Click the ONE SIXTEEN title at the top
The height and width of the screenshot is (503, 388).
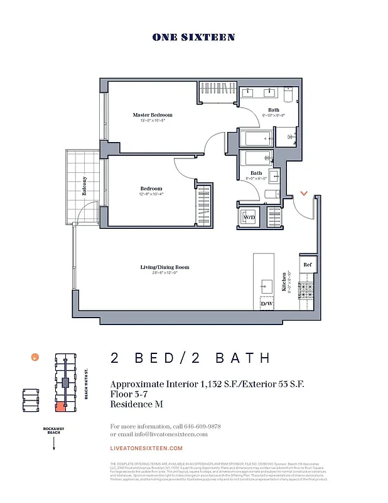point(193,37)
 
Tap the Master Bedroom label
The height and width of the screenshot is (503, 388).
point(152,115)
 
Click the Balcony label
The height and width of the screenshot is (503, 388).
point(84,186)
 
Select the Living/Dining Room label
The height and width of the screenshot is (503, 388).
point(164,267)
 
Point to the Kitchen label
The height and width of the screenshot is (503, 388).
point(284,283)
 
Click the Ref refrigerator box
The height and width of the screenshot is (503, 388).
point(306,265)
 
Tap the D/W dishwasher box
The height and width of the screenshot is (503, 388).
point(266,304)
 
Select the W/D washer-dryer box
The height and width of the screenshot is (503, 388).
point(249,218)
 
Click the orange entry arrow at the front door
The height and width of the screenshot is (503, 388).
point(304,194)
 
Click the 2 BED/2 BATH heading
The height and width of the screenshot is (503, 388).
point(190,358)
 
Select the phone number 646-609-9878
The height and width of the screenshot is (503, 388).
point(202,426)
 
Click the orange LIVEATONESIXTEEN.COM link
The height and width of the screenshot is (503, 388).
point(146,448)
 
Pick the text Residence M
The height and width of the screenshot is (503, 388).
point(136,404)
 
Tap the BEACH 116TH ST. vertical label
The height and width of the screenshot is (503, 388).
point(86,384)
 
